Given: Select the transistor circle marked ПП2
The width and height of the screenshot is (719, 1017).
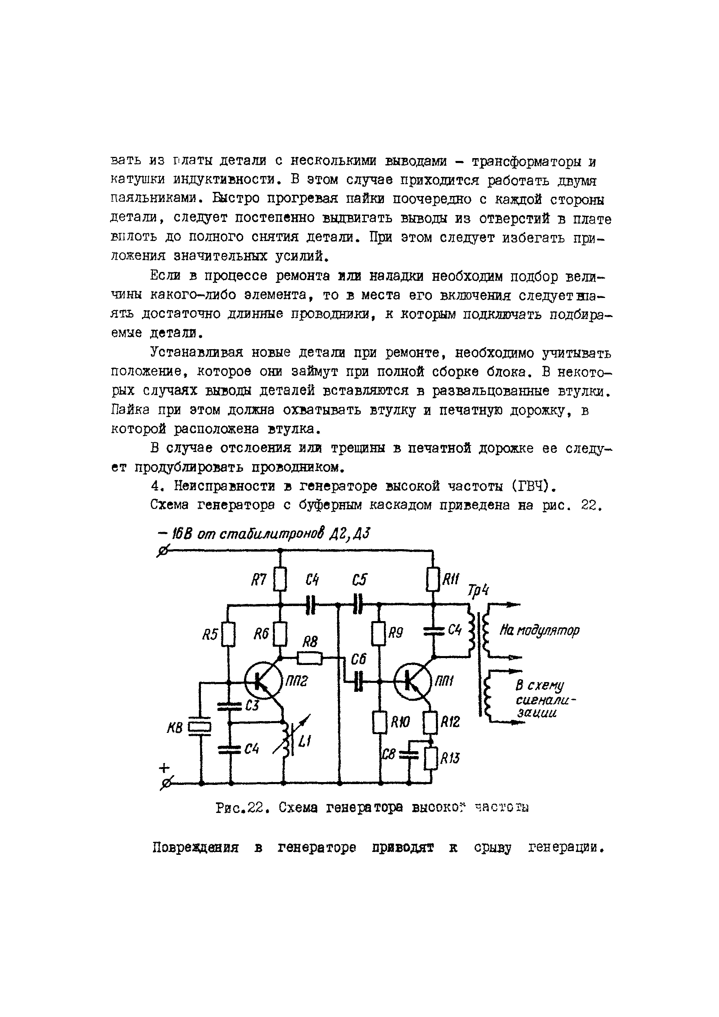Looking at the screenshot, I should point(263,682).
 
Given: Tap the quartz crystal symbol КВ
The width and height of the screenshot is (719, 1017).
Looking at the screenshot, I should point(200,727).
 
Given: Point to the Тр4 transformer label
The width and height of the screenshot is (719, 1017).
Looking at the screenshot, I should point(479,591).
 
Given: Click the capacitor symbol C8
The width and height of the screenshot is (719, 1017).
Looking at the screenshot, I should point(409,755).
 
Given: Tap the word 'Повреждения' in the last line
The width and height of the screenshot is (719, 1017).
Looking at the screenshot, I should point(196,848).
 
